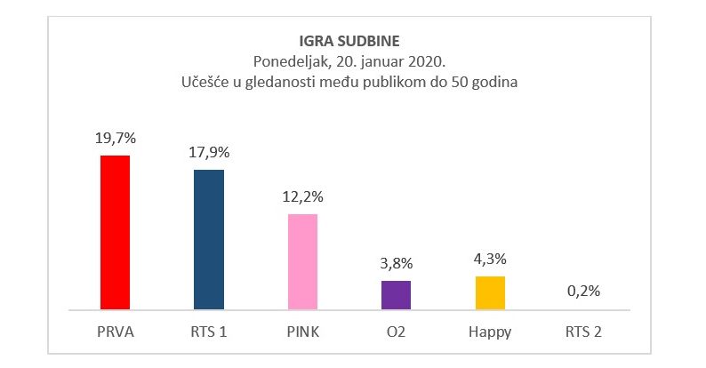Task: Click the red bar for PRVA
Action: pos(115,232)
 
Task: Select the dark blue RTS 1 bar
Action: pos(209,239)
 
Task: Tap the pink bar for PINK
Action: pos(302,261)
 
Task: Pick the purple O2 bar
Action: pos(397,294)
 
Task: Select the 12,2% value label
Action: pos(302,196)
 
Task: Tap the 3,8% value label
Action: pos(397,263)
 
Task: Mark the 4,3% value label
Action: pos(490,260)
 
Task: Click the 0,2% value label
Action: pos(584,292)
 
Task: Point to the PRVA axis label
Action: pos(115,332)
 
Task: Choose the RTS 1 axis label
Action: pos(209,332)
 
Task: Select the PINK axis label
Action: pos(302,332)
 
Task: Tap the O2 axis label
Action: pos(397,332)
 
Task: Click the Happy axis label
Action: pos(490,332)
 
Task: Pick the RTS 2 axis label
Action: pos(584,332)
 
